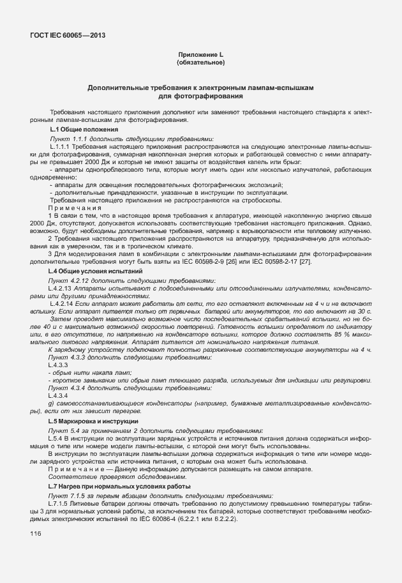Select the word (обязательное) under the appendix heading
(x=200, y=63)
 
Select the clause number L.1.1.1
(x=61, y=147)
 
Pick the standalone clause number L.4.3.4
(x=58, y=396)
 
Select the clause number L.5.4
(x=56, y=439)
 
